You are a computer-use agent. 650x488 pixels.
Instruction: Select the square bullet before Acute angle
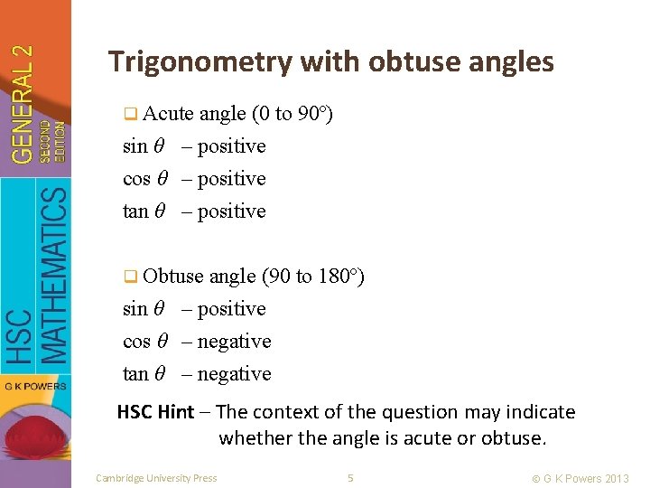(x=131, y=114)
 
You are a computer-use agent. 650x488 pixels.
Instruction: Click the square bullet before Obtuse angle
(x=131, y=277)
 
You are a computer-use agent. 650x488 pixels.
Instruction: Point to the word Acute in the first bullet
(x=168, y=113)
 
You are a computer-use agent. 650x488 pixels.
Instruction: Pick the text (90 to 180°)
(x=313, y=276)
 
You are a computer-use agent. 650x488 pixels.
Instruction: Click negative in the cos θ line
(x=234, y=341)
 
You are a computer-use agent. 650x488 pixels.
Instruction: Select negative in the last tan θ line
(x=234, y=373)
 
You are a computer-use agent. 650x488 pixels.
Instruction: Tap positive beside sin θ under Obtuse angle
(x=231, y=309)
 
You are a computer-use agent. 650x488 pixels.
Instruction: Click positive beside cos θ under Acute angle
(x=231, y=178)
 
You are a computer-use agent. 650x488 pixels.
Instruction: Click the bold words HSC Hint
(x=155, y=412)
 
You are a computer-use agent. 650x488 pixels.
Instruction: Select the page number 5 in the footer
(x=350, y=478)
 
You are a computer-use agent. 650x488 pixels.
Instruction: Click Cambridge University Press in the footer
(x=156, y=478)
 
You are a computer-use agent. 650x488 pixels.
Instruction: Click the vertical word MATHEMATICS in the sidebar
(x=55, y=275)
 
